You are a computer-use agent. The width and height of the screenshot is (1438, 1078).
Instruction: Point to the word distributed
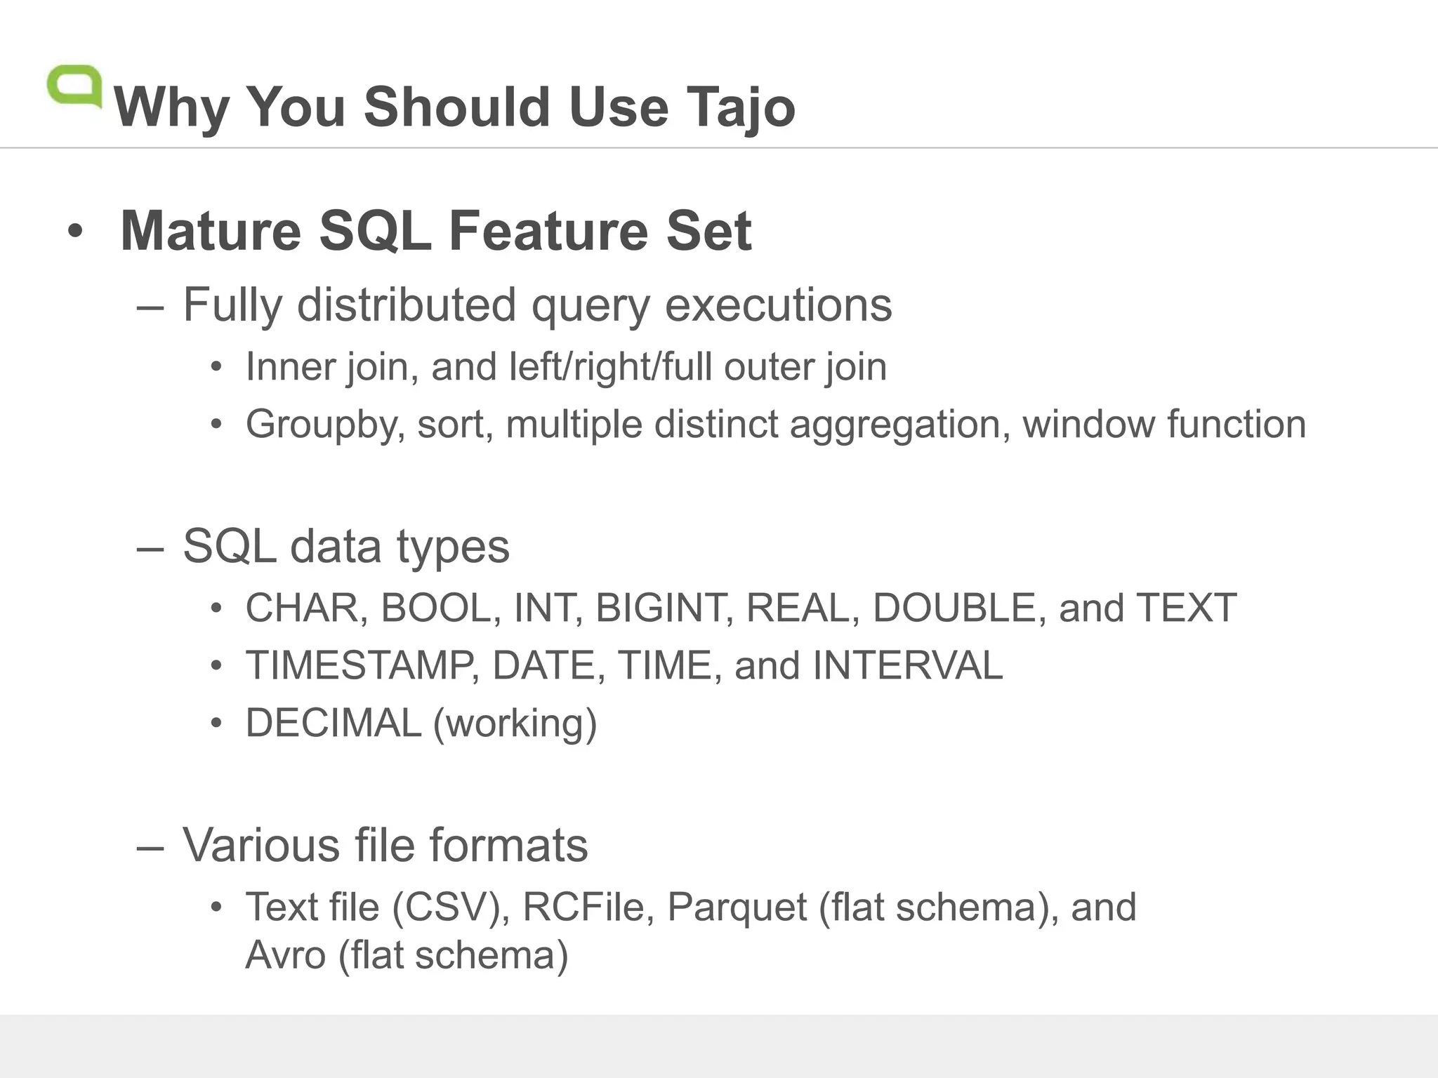407,305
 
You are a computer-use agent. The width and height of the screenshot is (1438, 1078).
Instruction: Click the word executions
778,305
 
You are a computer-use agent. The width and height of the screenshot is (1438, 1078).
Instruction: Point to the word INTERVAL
907,665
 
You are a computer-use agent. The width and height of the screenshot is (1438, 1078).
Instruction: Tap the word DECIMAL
333,723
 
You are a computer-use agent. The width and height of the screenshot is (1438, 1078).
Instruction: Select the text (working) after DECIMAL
515,724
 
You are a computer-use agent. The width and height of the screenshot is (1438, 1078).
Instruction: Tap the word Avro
285,955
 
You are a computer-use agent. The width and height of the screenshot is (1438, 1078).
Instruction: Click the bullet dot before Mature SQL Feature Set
75,231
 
